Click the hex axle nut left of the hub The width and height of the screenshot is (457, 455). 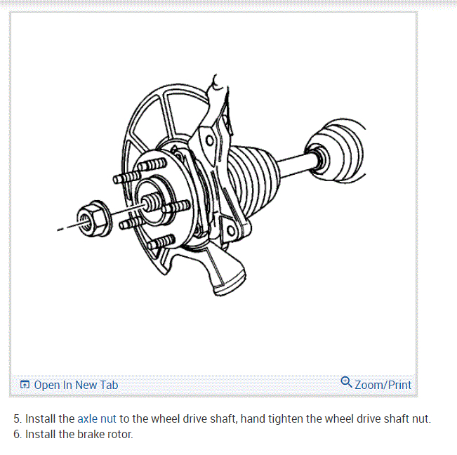click(x=92, y=217)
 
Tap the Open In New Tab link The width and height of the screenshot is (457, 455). click(x=76, y=385)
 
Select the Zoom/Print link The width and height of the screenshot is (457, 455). click(x=383, y=385)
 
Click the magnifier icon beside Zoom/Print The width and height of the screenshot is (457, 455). click(x=346, y=383)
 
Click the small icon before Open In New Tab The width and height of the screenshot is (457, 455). click(x=25, y=385)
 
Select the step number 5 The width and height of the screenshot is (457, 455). click(x=18, y=418)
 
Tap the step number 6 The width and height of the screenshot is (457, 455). click(x=18, y=434)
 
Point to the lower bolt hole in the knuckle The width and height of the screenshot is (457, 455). click(x=231, y=230)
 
